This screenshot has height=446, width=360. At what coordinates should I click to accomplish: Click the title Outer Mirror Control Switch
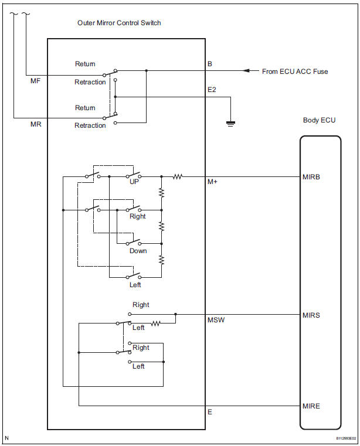pos(119,23)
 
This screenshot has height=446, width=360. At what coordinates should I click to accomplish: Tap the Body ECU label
pos(320,120)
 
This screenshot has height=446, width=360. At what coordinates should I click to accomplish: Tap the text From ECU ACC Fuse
pos(295,72)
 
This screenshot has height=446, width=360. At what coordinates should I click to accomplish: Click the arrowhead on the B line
pos(249,71)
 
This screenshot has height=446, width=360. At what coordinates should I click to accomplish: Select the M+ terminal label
pos(212,182)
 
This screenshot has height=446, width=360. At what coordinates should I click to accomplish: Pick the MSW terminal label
pos(215,321)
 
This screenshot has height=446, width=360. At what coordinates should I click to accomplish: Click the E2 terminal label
pos(212,91)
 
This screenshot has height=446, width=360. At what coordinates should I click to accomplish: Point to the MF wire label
pos(35,81)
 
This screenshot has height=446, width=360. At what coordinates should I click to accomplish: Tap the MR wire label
pos(35,125)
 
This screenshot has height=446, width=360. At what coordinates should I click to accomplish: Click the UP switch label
pos(134,182)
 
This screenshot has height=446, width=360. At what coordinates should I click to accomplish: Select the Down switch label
pos(138,251)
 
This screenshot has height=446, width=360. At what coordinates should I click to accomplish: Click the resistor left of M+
pos(177,176)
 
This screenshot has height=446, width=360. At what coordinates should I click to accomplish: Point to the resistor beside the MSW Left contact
pos(155,323)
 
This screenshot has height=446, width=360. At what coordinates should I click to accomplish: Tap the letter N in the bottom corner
pos(6,438)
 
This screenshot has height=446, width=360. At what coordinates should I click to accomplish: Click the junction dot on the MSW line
pos(175,314)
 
